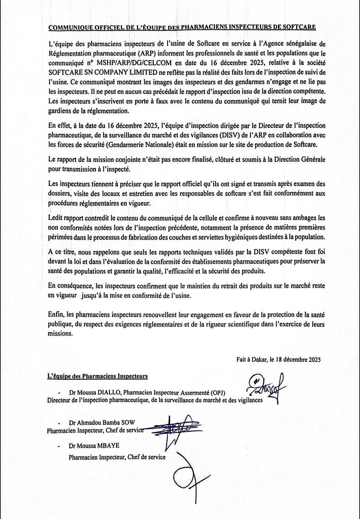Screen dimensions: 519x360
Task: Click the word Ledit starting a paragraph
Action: [55, 218]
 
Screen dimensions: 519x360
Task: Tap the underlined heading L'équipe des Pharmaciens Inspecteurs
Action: [97, 376]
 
